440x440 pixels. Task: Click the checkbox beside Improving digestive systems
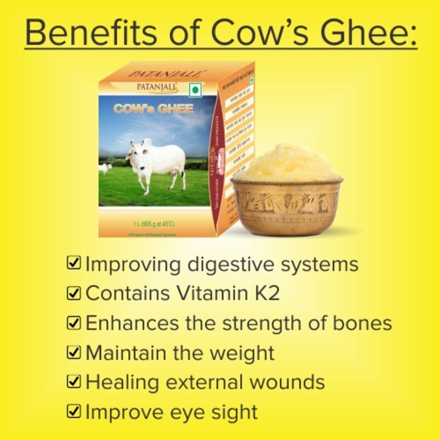(74, 263)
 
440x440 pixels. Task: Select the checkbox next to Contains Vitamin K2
(74, 293)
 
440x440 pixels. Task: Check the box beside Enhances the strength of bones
(74, 323)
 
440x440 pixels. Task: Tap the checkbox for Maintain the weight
(74, 353)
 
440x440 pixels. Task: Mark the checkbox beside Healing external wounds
(74, 382)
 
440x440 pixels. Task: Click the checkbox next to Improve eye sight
(74, 412)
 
